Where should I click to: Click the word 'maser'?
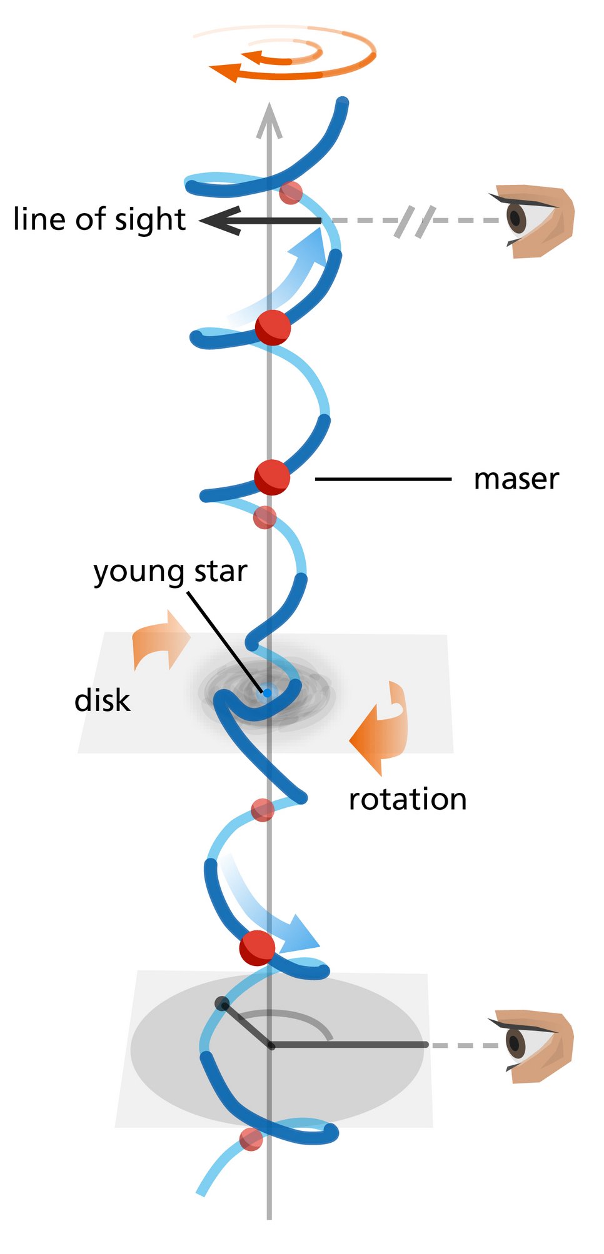pyautogui.click(x=516, y=480)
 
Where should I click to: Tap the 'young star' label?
pyautogui.click(x=170, y=572)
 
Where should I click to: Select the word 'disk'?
pyautogui.click(x=102, y=700)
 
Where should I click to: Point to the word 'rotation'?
pyautogui.click(x=408, y=799)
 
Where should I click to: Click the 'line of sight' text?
pyautogui.click(x=99, y=219)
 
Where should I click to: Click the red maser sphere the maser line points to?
pyautogui.click(x=272, y=477)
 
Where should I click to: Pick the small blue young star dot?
pyautogui.click(x=267, y=692)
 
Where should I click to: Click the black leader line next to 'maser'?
pyautogui.click(x=383, y=479)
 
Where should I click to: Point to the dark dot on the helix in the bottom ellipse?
pyautogui.click(x=222, y=1003)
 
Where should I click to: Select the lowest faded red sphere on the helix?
pyautogui.click(x=251, y=1139)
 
